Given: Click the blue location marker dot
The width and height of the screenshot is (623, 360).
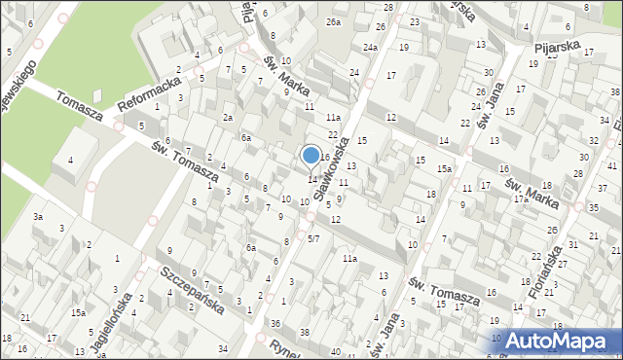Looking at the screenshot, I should (x=311, y=155).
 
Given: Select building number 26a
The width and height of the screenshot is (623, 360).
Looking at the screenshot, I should (x=334, y=21).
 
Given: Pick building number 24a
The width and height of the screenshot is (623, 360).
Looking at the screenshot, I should (x=371, y=47).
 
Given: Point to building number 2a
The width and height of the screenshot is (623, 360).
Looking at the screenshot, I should (x=227, y=118).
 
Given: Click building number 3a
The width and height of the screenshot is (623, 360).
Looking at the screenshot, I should (x=38, y=216).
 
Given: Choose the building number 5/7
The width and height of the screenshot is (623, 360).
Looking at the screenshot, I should (x=312, y=238).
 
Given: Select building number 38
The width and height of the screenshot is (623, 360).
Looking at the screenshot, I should (x=304, y=332).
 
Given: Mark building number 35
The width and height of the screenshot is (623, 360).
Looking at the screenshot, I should (x=594, y=208).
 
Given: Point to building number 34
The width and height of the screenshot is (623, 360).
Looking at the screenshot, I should (x=223, y=347).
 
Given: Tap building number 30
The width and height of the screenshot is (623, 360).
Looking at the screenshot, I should (x=488, y=73).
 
